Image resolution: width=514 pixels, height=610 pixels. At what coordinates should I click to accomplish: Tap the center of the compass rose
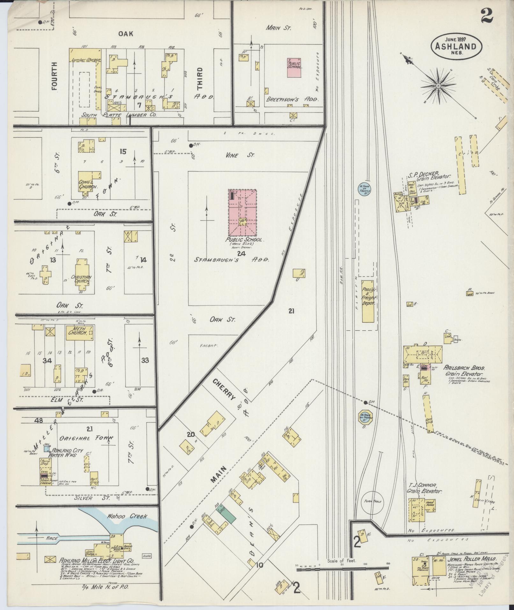[x=438, y=86]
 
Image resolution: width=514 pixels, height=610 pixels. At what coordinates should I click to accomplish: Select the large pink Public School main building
[x=242, y=212]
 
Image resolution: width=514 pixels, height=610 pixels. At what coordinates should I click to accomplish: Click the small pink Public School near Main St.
[x=295, y=67]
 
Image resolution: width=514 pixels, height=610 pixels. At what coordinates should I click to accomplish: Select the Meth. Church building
[x=80, y=333]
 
